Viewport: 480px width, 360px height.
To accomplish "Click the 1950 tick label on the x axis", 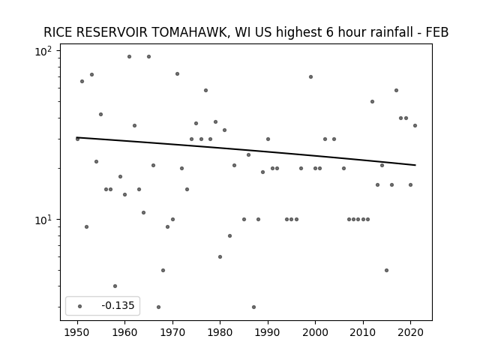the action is click(x=77, y=332).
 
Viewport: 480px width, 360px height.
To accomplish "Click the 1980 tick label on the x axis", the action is click(x=220, y=332).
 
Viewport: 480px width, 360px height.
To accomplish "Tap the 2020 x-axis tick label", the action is click(x=410, y=332).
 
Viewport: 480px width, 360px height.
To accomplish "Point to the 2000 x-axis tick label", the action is click(x=315, y=332).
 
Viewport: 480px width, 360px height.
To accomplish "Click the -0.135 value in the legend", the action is click(x=118, y=305).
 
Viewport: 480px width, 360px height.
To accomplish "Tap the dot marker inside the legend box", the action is click(x=80, y=306).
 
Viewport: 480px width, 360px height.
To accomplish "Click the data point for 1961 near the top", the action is click(x=129, y=57).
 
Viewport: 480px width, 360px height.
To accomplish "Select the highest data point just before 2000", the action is click(x=310, y=76).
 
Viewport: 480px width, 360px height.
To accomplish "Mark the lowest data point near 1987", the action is click(x=253, y=307).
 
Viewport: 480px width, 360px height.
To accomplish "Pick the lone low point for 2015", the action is click(x=387, y=270).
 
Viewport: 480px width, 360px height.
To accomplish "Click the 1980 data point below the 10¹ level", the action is click(x=220, y=256).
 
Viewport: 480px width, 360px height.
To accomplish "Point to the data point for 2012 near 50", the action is click(x=372, y=102).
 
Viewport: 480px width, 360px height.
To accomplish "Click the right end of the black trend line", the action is click(x=415, y=165).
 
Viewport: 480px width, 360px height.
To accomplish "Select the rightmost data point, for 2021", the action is click(x=415, y=125).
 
